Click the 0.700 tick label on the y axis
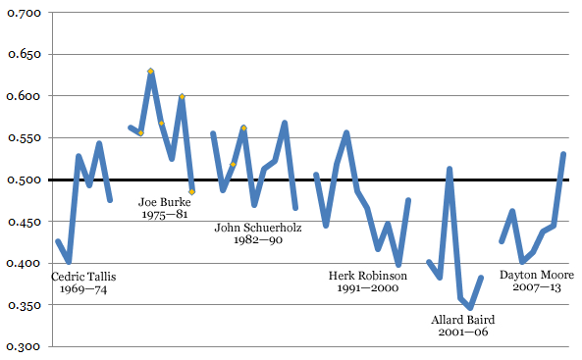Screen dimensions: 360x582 [x=23, y=13]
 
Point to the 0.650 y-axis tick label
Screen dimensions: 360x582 [x=23, y=55]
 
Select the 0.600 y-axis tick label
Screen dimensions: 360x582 [x=23, y=96]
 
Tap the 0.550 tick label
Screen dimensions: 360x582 [x=23, y=138]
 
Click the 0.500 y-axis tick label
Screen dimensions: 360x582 [x=23, y=180]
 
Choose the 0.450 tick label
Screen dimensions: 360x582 [x=23, y=223]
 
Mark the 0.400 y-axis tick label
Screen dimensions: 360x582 [x=23, y=264]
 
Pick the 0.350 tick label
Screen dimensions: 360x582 [x=23, y=306]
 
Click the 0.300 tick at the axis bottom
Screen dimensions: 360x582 [x=23, y=347]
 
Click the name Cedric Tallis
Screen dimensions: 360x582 [x=83, y=276]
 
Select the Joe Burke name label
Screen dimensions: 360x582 [x=165, y=203]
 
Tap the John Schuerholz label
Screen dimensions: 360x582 [x=258, y=228]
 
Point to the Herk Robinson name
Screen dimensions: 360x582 [x=367, y=276]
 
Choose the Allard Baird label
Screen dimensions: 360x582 [x=462, y=320]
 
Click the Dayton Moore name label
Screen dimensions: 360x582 [x=537, y=276]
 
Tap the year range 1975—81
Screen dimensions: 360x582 [x=165, y=216]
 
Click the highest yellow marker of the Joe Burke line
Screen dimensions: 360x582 [x=150, y=72]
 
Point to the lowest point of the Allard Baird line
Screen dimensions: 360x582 [x=470, y=308]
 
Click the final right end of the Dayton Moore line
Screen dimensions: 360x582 [x=563, y=154]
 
